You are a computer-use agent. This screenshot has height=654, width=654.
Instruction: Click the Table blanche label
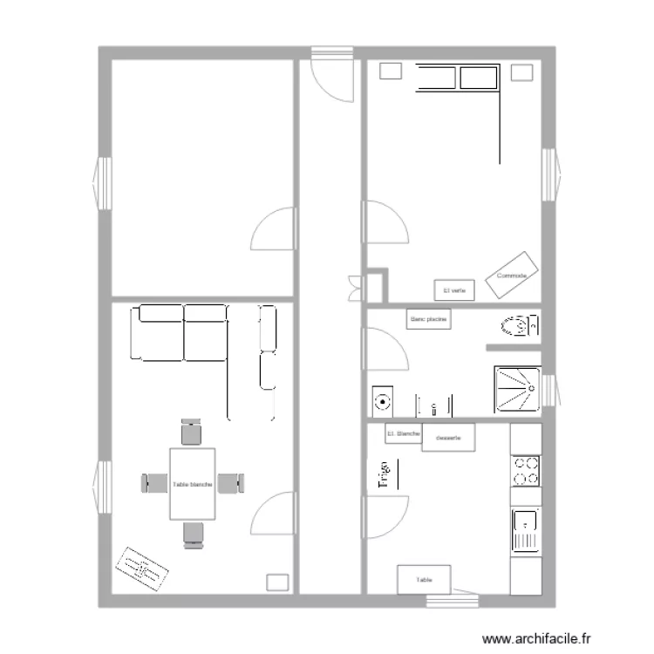point(193,484)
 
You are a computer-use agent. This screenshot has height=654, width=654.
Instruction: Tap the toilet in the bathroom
point(516,328)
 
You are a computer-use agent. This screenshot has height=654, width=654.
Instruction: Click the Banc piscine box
point(428,320)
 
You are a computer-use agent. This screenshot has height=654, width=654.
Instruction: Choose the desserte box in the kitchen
point(448,438)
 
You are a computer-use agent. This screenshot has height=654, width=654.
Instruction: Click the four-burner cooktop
point(525,472)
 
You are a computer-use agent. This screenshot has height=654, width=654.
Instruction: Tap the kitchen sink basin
point(526,523)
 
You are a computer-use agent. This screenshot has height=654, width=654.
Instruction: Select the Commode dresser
point(512,272)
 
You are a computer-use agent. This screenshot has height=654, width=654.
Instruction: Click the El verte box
point(453,290)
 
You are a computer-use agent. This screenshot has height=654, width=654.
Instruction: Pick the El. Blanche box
point(403,433)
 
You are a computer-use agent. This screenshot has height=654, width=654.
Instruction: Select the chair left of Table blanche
point(154,481)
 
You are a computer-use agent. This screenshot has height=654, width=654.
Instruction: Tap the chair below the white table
point(193,534)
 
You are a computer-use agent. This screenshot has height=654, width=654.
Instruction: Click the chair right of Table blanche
point(231,482)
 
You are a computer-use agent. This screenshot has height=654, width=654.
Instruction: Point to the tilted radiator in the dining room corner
point(142,568)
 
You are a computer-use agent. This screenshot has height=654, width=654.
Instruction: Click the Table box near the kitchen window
point(425,579)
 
